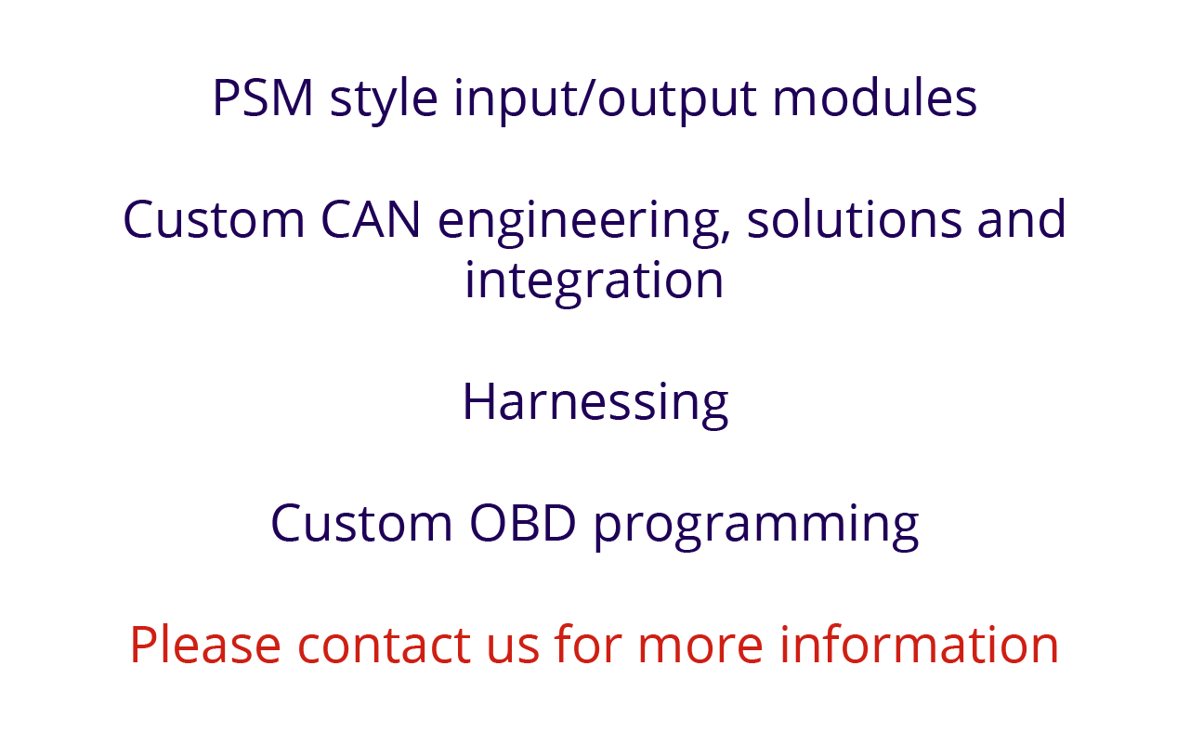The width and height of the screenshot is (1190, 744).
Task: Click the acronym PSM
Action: pyautogui.click(x=263, y=98)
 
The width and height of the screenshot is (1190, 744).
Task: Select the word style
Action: pyautogui.click(x=384, y=101)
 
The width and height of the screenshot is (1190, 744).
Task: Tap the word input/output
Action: pyautogui.click(x=605, y=101)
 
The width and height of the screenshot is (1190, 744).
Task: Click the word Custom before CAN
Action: pyautogui.click(x=214, y=219)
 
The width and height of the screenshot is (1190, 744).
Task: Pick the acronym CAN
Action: pyautogui.click(x=371, y=219)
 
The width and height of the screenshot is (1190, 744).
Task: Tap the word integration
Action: pyautogui.click(x=594, y=281)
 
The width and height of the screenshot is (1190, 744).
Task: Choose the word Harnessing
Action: pyautogui.click(x=595, y=404)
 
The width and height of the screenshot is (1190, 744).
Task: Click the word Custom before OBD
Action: pyautogui.click(x=361, y=523)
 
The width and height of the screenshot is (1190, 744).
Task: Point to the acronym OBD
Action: pyautogui.click(x=523, y=523)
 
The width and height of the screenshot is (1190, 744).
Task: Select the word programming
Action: pyautogui.click(x=756, y=527)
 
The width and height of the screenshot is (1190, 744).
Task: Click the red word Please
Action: pyautogui.click(x=205, y=645)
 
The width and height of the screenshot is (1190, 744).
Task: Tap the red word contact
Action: pyautogui.click(x=384, y=646)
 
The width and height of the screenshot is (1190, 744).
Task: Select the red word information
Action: pyautogui.click(x=919, y=645)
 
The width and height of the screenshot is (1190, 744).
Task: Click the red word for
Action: pyautogui.click(x=587, y=645)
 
